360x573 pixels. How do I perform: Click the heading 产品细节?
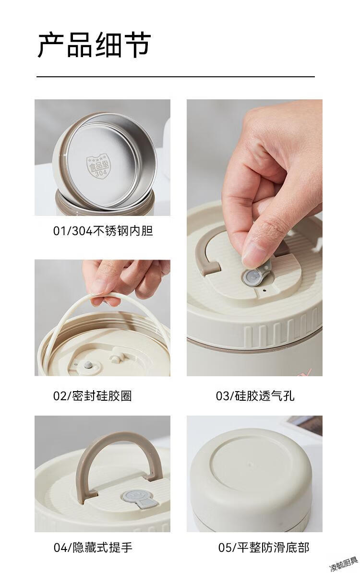coord(94,45)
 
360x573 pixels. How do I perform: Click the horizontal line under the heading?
coord(175,77)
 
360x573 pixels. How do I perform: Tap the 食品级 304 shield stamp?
coord(97,167)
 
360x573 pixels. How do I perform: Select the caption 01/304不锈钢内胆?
coord(103,231)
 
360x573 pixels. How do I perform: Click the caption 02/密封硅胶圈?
coord(93,396)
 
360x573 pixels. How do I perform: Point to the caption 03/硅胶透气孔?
coord(255,396)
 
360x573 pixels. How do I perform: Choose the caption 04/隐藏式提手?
coord(93,548)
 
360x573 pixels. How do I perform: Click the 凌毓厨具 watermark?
coord(344,564)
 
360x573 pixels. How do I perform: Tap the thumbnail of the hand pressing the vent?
coord(254,238)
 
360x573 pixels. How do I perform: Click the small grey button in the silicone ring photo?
coord(88,365)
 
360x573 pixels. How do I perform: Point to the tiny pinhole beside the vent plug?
coord(264,291)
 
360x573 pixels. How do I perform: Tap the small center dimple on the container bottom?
coord(250,464)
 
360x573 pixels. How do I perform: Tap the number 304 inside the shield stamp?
coord(101,173)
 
